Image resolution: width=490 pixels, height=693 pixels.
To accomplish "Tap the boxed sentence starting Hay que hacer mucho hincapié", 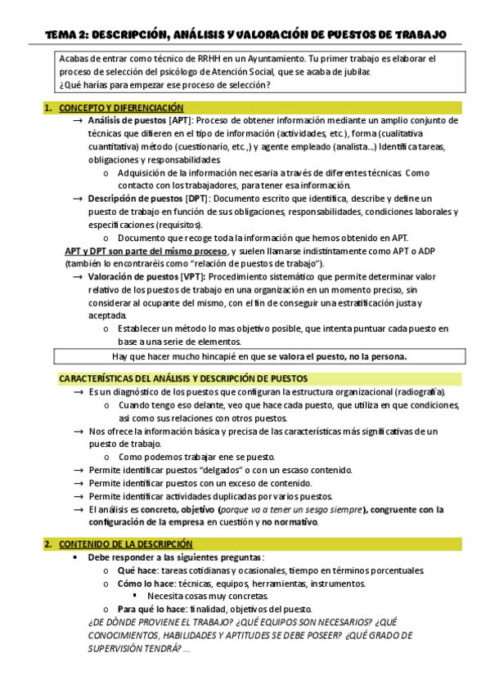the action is (258, 355).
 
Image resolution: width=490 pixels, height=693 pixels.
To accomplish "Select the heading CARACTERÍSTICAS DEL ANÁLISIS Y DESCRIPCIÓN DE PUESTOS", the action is (183, 378).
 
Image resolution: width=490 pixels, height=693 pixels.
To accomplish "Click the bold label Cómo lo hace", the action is (145, 583).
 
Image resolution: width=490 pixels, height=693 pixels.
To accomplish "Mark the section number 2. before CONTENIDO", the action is (48, 543).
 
